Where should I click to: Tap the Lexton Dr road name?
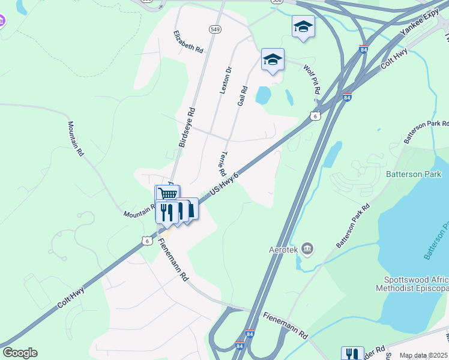click(x=226, y=80)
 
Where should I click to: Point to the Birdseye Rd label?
click(x=187, y=128)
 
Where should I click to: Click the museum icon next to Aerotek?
click(x=307, y=248)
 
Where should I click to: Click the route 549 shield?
click(x=215, y=29)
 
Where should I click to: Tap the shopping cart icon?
click(x=168, y=193)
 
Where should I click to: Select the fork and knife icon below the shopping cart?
click(x=166, y=211)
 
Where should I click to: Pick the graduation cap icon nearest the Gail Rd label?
click(x=273, y=59)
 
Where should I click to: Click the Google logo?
click(x=20, y=353)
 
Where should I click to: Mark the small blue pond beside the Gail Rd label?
click(x=263, y=95)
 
